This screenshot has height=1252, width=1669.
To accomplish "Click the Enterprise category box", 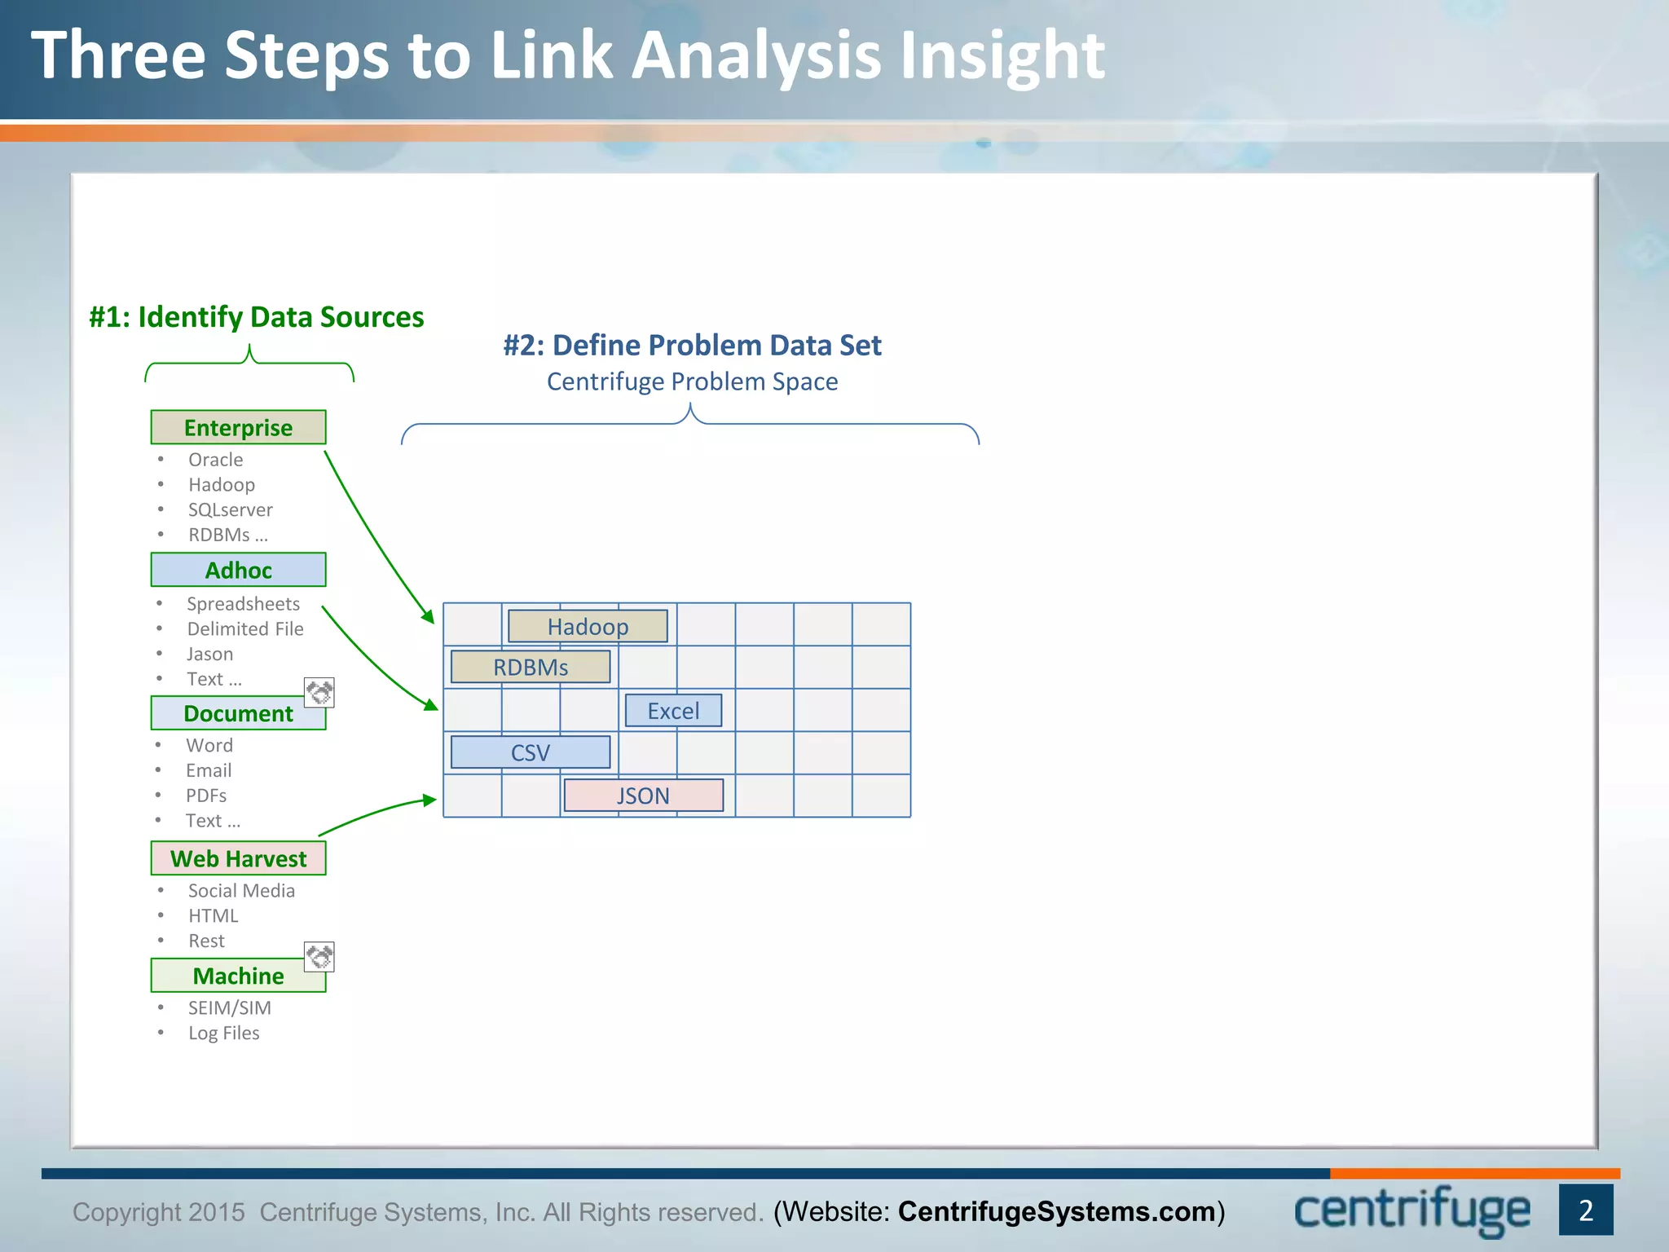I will coord(238,427).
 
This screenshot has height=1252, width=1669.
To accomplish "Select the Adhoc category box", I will coord(238,570).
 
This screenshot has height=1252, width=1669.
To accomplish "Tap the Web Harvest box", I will coord(238,858).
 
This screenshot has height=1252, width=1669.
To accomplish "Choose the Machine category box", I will coord(238,976).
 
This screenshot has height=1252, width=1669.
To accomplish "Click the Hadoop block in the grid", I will coord(588,626).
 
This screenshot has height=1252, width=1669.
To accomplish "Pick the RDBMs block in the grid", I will coord(531,667).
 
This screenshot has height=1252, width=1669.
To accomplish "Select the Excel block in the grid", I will coord(673,711).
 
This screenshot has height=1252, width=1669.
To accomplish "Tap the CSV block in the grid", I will coord(531,752).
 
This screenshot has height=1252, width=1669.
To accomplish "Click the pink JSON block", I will coord(643,796).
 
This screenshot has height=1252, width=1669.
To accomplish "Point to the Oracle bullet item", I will coord(215,460).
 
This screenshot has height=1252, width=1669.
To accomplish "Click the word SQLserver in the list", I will coord(231,509).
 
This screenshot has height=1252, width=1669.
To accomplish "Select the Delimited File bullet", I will coord(244,629).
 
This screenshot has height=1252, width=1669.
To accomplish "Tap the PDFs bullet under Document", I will coord(206,796).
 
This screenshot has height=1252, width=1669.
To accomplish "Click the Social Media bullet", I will coord(241,891).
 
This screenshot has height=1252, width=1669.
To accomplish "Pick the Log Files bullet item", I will coord(223,1033).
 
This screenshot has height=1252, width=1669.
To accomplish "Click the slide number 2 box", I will coord(1586,1210).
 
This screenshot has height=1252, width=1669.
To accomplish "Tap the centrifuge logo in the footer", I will coord(1412,1210).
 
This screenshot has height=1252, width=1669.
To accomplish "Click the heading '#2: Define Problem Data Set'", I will coord(692,346).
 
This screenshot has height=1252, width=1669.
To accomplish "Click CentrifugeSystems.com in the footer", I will coord(1056,1212).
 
